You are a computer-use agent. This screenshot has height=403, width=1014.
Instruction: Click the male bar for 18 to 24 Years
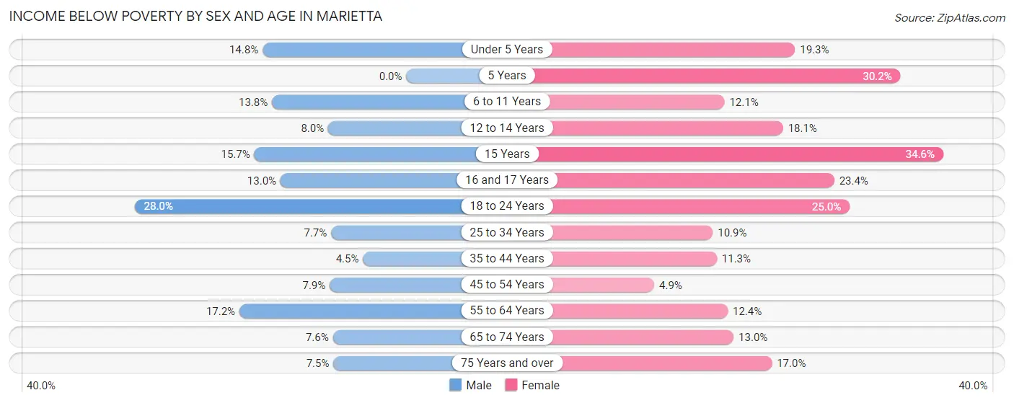pyautogui.click(x=303, y=206)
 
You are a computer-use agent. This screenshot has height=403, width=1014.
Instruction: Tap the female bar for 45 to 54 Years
pyautogui.click(x=602, y=285)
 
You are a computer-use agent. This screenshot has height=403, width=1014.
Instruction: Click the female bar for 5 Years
pyautogui.click(x=714, y=76)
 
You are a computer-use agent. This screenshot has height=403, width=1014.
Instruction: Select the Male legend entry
pyautogui.click(x=470, y=385)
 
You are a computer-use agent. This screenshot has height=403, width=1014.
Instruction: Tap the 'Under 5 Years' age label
pyautogui.click(x=506, y=50)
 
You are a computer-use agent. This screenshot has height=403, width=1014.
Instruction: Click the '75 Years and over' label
pyautogui.click(x=506, y=363)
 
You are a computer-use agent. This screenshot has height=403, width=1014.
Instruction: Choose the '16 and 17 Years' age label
pyautogui.click(x=506, y=180)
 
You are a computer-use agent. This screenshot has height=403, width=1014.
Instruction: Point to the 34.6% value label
pyautogui.click(x=920, y=154)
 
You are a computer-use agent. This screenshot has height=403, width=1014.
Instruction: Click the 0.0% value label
pyautogui.click(x=390, y=76)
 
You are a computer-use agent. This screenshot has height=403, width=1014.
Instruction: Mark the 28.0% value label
pyautogui.click(x=158, y=206)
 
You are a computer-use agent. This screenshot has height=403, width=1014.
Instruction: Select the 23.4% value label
pyautogui.click(x=853, y=180)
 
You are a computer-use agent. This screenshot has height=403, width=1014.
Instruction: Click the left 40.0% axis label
pyautogui.click(x=41, y=386)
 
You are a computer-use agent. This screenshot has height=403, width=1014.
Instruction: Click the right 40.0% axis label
pyautogui.click(x=973, y=386)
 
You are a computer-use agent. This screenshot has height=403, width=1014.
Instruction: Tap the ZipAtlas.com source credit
pyautogui.click(x=949, y=17)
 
